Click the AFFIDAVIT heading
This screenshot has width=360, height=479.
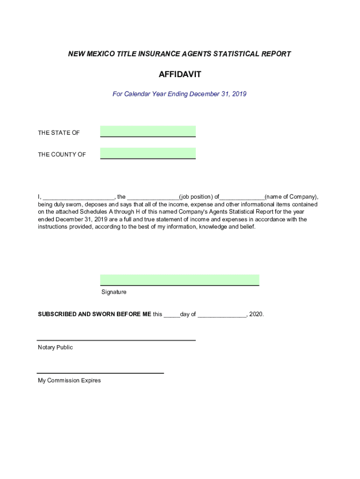180,74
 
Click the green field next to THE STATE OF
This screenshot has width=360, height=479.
148,131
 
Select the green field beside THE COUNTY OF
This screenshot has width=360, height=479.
148,153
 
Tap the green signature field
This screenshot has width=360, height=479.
180,280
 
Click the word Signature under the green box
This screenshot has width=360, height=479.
114,292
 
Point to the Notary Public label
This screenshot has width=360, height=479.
55,348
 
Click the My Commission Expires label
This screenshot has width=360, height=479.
69,380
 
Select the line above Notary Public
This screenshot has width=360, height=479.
116,340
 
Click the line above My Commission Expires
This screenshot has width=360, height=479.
100,373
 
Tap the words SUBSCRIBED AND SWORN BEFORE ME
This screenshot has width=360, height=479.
94,314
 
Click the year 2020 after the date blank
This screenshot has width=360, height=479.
256,314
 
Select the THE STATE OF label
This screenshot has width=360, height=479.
59,133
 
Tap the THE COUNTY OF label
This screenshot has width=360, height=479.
62,154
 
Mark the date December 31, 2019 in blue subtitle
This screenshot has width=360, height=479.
218,94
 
